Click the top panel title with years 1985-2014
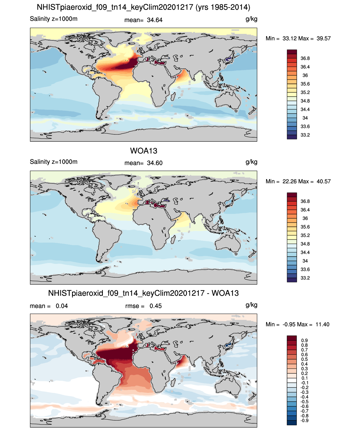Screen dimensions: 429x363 pyautogui.click(x=144, y=7)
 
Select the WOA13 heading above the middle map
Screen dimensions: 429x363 pyautogui.click(x=144, y=151)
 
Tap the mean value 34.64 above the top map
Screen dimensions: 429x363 pyautogui.click(x=155, y=20)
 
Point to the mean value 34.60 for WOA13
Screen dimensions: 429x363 pyautogui.click(x=155, y=163)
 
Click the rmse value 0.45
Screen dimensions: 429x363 pyautogui.click(x=156, y=306)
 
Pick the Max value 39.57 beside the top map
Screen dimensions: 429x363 pyautogui.click(x=323, y=38)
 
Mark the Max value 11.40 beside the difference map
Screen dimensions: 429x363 pyautogui.click(x=322, y=324)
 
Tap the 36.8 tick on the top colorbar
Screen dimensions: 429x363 pyautogui.click(x=305, y=58)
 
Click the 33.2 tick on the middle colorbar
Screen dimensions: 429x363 pyautogui.click(x=305, y=278)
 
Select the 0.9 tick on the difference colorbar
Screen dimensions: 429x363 pyautogui.click(x=304, y=341)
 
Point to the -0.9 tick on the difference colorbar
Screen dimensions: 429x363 pyautogui.click(x=304, y=421)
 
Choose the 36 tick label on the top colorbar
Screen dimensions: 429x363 pyautogui.click(x=305, y=75)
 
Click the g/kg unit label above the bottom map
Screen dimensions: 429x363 pyautogui.click(x=251, y=305)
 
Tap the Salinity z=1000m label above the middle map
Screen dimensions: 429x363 pyautogui.click(x=54, y=162)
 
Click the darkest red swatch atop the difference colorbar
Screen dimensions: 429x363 pyautogui.click(x=292, y=338)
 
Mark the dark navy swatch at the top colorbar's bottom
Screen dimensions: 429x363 pyautogui.click(x=292, y=137)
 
